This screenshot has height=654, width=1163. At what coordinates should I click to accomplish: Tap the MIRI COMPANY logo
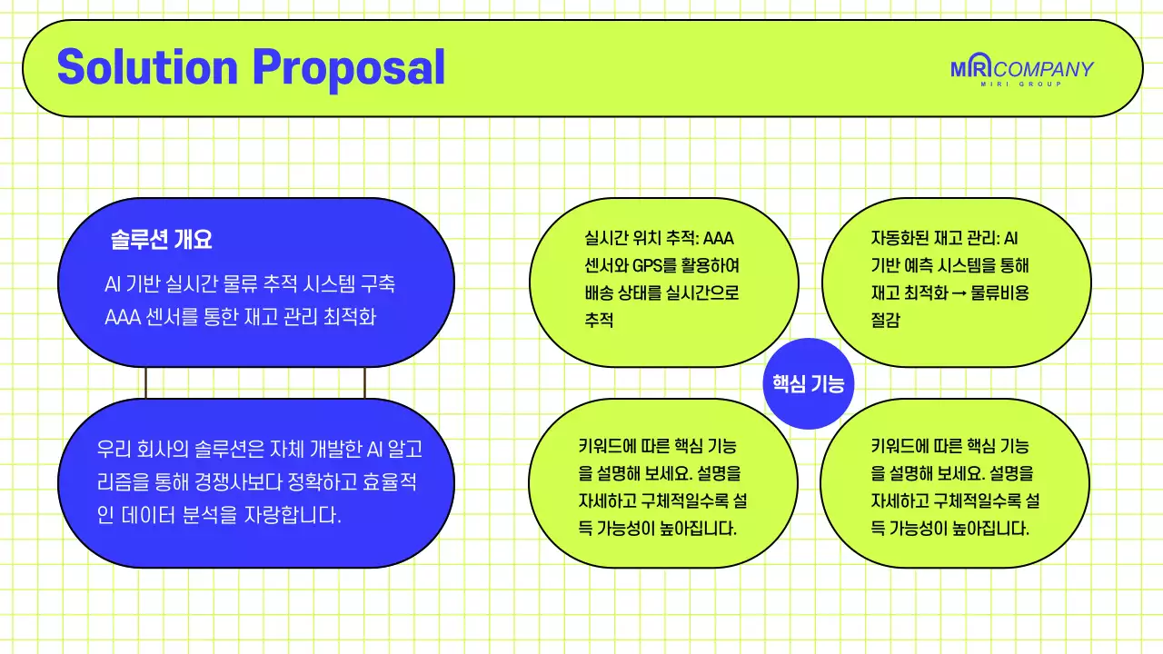(1021, 69)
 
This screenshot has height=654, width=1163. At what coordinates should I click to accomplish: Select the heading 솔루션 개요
(161, 241)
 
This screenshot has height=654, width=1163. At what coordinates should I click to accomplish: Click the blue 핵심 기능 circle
(807, 383)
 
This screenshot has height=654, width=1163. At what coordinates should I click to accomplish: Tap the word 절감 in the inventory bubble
(885, 320)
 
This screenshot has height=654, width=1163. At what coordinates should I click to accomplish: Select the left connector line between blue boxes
(145, 382)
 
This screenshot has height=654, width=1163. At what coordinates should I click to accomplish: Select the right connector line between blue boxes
(365, 382)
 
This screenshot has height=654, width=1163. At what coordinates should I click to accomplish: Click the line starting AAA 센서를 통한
(240, 318)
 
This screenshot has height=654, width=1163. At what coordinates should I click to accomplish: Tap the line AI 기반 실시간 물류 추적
(250, 284)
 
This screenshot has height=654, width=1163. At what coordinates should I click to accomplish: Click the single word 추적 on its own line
(600, 320)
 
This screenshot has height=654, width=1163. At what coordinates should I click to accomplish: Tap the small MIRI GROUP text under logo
(1021, 84)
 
